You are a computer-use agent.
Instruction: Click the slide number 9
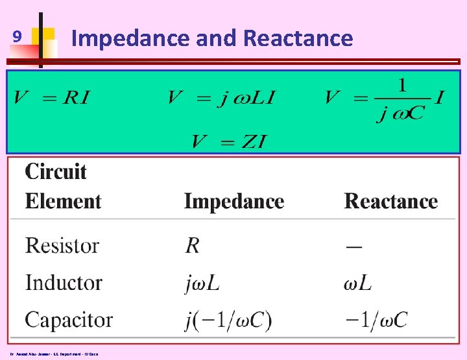(19, 38)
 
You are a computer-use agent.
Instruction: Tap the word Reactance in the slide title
(298, 38)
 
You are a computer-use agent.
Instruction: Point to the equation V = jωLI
(221, 98)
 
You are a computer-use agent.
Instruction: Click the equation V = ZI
(229, 141)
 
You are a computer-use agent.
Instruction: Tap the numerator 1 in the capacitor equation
(402, 85)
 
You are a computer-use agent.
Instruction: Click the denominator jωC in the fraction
(400, 112)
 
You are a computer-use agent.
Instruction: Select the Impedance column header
(234, 201)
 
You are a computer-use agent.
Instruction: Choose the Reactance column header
(391, 201)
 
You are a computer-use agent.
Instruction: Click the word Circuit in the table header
(56, 172)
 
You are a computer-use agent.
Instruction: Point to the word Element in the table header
(64, 201)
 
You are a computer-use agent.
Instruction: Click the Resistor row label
(62, 245)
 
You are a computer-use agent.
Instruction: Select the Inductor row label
(64, 283)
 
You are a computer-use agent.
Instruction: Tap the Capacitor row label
(69, 320)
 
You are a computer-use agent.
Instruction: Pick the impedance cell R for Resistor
(192, 245)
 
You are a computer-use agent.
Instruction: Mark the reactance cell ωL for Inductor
(357, 283)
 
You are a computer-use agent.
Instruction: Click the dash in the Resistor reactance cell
(354, 246)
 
